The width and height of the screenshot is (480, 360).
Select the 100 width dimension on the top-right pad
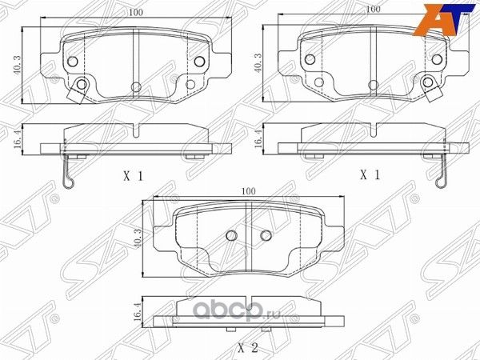coord(371,9)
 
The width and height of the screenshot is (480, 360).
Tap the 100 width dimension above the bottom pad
coord(249,192)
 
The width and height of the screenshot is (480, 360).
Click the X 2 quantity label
coord(249,347)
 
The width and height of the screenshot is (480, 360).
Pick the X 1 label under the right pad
coord(370,174)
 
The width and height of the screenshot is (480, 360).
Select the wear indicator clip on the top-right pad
coord(434,88)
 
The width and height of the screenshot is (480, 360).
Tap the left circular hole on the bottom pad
coord(230,235)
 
